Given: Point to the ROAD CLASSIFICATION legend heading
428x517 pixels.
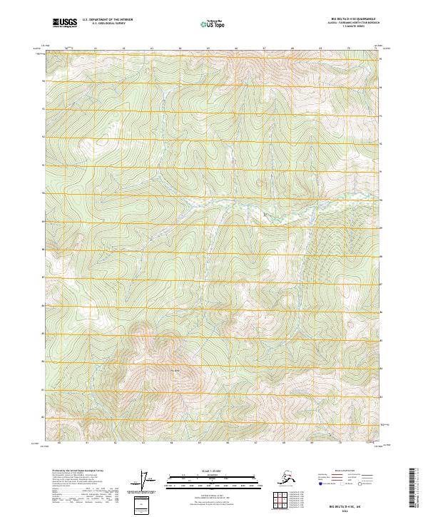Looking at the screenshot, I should [x=341, y=471].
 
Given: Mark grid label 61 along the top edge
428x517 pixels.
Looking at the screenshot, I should [x=96, y=49].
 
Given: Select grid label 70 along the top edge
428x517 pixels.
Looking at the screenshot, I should [x=348, y=49].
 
